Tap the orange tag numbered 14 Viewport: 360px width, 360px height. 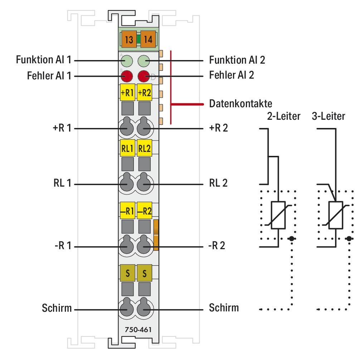pos(147,40)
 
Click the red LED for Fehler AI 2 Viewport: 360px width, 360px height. pos(144,76)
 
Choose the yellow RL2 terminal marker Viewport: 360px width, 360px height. pos(145,149)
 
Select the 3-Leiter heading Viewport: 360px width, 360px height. pos(329,117)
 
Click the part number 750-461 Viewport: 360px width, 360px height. pos(135,329)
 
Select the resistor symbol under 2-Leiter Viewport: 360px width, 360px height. pos(278,215)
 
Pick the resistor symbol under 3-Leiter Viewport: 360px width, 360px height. pos(335,215)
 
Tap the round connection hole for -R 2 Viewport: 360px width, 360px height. pos(145,246)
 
